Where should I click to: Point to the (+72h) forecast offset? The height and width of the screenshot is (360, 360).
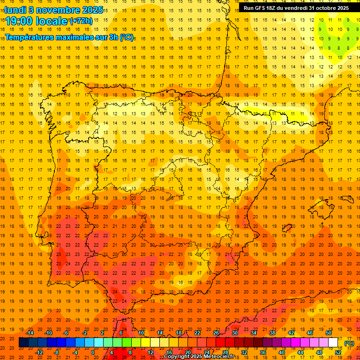81,21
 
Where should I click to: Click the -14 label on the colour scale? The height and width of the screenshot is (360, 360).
30,333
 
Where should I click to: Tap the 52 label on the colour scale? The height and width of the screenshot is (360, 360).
338,352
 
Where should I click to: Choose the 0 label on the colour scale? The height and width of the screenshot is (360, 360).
93,352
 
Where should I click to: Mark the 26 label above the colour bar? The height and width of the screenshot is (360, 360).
216,333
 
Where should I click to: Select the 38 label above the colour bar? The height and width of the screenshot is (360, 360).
272,333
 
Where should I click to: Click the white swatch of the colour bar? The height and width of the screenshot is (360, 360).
333,343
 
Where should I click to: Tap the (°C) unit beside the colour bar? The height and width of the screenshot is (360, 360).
349,343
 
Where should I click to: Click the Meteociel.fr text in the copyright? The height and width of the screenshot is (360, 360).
221,357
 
